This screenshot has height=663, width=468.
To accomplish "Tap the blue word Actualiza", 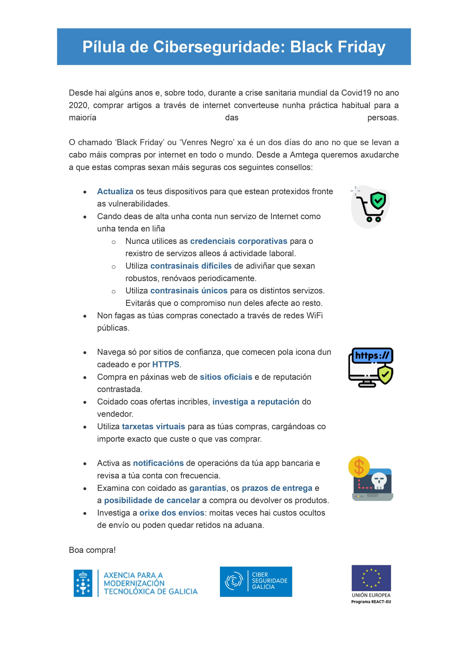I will (x=115, y=191).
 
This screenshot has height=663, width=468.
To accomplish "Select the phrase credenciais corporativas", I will (x=238, y=241).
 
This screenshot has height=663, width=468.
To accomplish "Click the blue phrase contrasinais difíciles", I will (x=191, y=266).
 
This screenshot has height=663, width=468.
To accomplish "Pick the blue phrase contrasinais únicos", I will (x=189, y=291).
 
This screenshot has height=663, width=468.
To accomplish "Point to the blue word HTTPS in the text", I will (x=165, y=364).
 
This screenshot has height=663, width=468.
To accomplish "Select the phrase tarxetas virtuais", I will (x=153, y=426).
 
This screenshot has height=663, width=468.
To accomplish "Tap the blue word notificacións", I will (x=158, y=463).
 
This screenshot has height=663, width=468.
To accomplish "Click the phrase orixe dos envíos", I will (x=172, y=513).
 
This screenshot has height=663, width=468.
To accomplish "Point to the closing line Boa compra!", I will (x=92, y=550).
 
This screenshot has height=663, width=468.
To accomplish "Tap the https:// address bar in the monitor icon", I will (x=372, y=355).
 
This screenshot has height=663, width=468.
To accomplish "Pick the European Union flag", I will (x=371, y=578).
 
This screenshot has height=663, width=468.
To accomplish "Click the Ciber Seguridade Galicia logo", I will (x=256, y=582).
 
